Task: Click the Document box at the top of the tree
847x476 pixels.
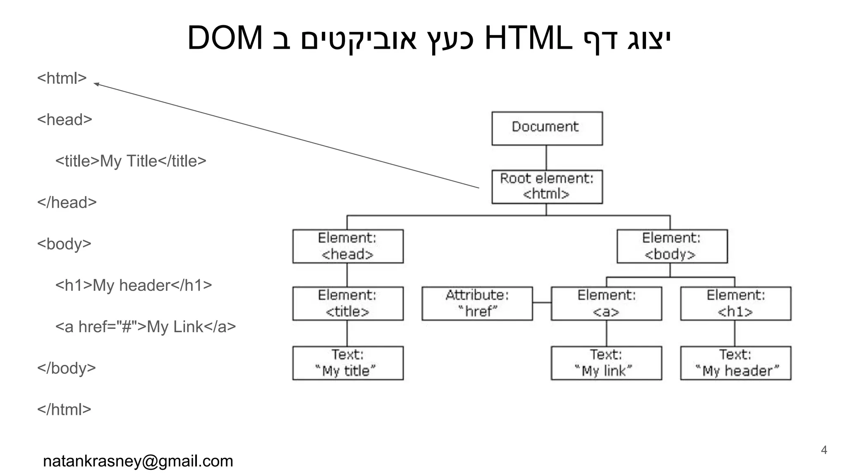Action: pyautogui.click(x=547, y=128)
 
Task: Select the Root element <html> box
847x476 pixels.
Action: pyautogui.click(x=547, y=186)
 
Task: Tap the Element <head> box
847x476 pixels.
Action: pyautogui.click(x=348, y=246)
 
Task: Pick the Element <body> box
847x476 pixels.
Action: pyautogui.click(x=672, y=246)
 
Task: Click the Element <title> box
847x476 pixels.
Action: pyautogui.click(x=348, y=303)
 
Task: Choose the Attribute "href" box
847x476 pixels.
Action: pyautogui.click(x=477, y=303)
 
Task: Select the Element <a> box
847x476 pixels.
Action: pyautogui.click(x=606, y=303)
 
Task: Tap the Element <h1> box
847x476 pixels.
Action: pyautogui.click(x=735, y=303)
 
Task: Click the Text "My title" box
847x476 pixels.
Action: pyautogui.click(x=348, y=363)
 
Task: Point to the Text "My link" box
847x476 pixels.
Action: pyautogui.click(x=606, y=363)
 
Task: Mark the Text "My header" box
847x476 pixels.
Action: pyautogui.click(x=735, y=363)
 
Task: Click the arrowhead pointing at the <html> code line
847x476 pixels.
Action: pyautogui.click(x=96, y=84)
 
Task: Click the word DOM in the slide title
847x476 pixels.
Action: pyautogui.click(x=225, y=38)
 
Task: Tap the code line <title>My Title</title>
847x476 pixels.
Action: pyautogui.click(x=131, y=161)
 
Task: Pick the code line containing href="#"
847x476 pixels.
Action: pyautogui.click(x=146, y=327)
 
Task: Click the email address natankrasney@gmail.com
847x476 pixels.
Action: pyautogui.click(x=138, y=461)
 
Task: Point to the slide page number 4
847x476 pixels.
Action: pyautogui.click(x=823, y=450)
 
